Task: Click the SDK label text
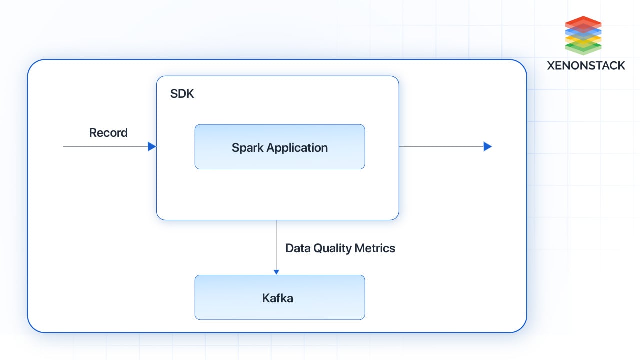coord(182,94)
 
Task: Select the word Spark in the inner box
coord(247,147)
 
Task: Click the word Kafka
coord(277,298)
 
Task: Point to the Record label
coord(108,133)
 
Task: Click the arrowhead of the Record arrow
coord(152,147)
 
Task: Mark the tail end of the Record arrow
coord(64,147)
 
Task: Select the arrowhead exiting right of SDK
coord(488,147)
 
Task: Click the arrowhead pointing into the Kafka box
coord(276,272)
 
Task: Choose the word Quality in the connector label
coord(332,248)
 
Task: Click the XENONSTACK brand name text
coord(586,65)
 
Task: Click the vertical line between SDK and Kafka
coord(276,245)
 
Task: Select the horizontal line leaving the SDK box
coord(440,147)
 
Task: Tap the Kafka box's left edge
coord(195,297)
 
